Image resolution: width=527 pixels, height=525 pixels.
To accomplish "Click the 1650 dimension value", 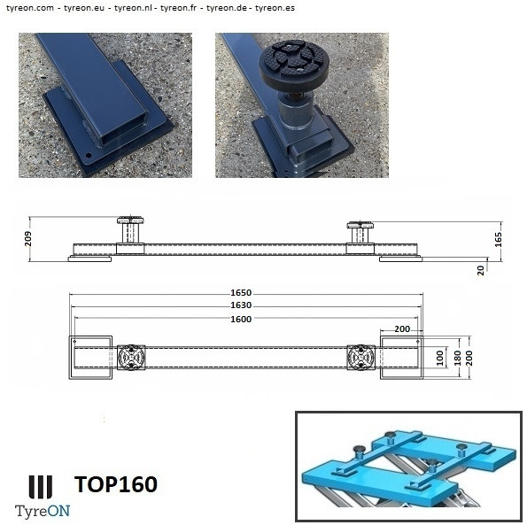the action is click(x=241, y=292).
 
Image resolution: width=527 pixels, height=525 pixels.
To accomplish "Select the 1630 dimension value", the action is click(x=241, y=305).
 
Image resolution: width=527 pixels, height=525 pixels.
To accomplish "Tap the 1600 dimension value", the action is click(x=241, y=319).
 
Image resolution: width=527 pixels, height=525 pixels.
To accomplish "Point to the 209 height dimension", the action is click(x=28, y=238).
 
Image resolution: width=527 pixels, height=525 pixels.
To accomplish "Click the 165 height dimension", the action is click(x=499, y=240).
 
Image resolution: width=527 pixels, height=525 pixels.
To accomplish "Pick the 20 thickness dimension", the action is click(x=481, y=270).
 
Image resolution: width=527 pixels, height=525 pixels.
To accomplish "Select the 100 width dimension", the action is click(x=440, y=358).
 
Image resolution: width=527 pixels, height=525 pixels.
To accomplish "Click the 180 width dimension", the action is click(x=458, y=358).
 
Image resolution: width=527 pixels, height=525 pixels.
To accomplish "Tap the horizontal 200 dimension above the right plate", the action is click(x=402, y=328).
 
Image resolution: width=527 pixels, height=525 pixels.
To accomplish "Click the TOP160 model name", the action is click(x=116, y=484).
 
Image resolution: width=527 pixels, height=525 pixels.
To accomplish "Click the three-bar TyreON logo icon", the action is click(x=41, y=487).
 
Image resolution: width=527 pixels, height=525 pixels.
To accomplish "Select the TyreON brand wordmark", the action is click(x=43, y=511).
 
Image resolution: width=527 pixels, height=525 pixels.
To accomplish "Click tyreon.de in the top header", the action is click(x=227, y=8).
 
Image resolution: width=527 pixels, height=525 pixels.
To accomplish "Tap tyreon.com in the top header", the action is click(x=30, y=8).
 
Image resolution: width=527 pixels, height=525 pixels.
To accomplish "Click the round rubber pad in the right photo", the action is click(x=294, y=65).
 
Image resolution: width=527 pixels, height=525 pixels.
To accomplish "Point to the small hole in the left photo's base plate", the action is click(x=89, y=156).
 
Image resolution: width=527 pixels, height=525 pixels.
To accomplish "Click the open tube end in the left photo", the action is click(x=125, y=132).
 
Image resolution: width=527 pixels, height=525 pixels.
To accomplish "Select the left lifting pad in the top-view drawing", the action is click(x=131, y=358).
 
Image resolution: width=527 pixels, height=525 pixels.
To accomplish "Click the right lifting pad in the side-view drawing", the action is click(x=360, y=232).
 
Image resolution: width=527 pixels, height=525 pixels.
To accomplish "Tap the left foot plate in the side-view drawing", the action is click(x=89, y=259).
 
